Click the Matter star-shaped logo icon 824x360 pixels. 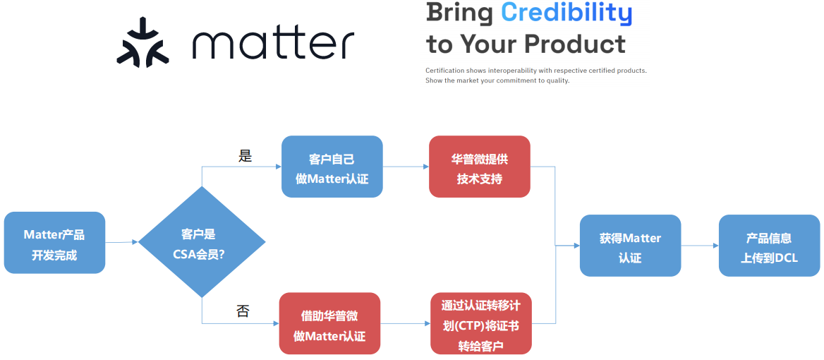point(143,43)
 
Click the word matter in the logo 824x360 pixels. point(273,44)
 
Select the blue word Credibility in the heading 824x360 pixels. point(566,13)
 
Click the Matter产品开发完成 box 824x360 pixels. point(54,243)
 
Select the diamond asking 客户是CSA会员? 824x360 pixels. point(202,243)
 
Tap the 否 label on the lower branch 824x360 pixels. point(243,311)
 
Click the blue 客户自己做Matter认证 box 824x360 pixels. point(332,167)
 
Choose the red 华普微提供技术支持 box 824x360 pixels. point(479,167)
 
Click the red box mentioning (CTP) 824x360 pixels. point(480,324)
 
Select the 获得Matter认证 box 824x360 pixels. point(630,246)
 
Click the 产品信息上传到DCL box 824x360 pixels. point(769,246)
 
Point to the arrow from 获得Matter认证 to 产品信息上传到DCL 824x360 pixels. point(700,246)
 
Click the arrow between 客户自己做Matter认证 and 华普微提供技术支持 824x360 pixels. point(406,167)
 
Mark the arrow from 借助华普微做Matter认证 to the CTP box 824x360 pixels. point(405,323)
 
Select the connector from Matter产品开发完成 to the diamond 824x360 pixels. point(121,243)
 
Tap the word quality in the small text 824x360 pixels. point(557,80)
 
